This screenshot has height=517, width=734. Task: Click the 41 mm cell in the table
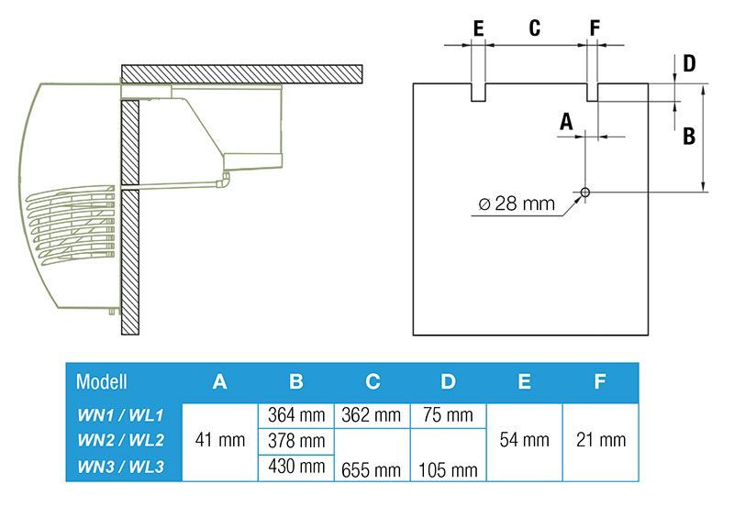point(221,441)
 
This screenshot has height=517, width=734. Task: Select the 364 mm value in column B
point(296,415)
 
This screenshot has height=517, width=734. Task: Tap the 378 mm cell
point(296,441)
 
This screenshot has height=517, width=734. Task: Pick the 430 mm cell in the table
point(296,467)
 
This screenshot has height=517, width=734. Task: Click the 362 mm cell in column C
point(372,415)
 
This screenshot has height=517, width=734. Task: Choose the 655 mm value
point(372,469)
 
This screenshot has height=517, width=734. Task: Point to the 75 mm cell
point(448,415)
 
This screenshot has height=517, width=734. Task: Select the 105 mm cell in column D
point(448,469)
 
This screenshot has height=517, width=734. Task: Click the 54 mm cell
point(524,441)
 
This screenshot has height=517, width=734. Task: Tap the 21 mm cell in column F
point(600,441)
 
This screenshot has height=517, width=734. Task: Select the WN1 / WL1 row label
point(120,415)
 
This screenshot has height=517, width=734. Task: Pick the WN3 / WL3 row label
point(120,467)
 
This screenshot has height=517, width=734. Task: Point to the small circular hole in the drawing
point(585,192)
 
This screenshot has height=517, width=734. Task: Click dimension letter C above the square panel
point(535,27)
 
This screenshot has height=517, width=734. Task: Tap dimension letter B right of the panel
point(689,136)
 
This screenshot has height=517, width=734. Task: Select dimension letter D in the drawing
point(689,64)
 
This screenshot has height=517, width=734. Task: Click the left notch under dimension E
point(478,92)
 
